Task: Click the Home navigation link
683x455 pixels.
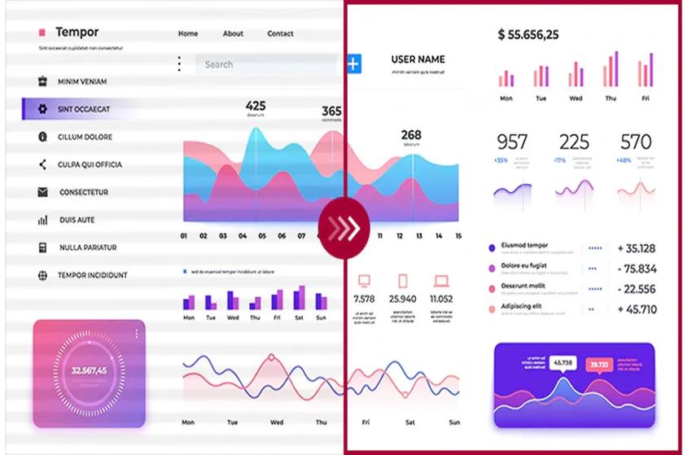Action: [x=188, y=33]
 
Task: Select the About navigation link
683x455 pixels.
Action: [x=233, y=33]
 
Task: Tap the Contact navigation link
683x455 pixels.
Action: [x=280, y=33]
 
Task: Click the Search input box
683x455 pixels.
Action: [x=265, y=64]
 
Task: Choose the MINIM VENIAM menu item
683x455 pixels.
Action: [x=81, y=81]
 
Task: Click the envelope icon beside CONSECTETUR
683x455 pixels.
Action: [x=42, y=192]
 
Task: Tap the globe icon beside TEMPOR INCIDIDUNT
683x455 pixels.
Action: [x=42, y=275]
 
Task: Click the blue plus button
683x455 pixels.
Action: [x=353, y=63]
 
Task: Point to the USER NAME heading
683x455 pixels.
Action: [x=418, y=59]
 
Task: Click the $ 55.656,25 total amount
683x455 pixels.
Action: [x=528, y=34]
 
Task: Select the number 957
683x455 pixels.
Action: [x=512, y=142]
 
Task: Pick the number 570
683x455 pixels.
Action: [x=636, y=142]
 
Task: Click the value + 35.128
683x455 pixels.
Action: [x=637, y=248]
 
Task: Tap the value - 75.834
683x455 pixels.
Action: [x=637, y=269]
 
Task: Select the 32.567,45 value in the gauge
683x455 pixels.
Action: [x=89, y=370]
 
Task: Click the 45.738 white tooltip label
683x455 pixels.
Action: [x=563, y=362]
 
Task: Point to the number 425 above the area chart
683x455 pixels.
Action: [x=256, y=106]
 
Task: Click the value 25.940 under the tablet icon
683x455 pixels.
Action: [x=402, y=299]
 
